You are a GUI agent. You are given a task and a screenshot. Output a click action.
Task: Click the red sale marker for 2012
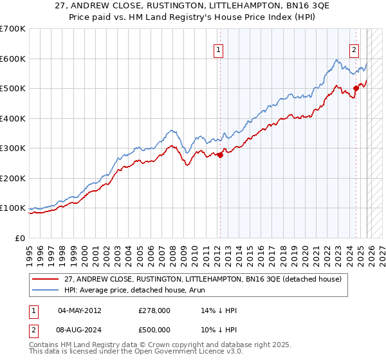(x=220, y=154)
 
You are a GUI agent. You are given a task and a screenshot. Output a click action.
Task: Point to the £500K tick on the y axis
(x=12, y=89)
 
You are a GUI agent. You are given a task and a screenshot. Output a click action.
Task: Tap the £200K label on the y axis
(x=12, y=178)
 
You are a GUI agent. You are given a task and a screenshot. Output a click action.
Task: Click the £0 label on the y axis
(x=19, y=238)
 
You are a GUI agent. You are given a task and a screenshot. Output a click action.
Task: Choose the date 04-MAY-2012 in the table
(x=79, y=310)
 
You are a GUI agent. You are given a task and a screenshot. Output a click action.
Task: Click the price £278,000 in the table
(x=154, y=310)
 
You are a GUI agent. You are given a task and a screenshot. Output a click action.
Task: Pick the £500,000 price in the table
(x=154, y=330)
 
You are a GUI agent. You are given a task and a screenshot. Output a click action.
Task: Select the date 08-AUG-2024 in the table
(x=79, y=330)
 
